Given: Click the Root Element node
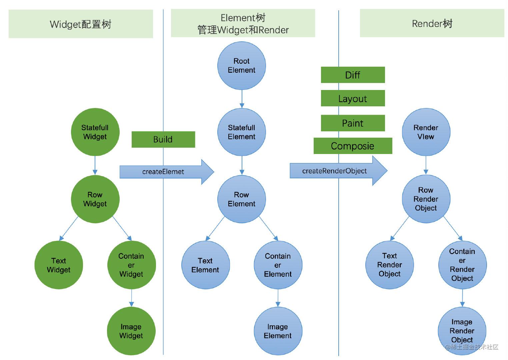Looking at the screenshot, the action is pos(242,66).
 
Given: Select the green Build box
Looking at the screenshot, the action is pos(163,139).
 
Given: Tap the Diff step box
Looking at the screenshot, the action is pos(353,75).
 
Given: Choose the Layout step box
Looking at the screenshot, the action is pos(353,98).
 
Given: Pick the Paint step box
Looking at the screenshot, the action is pos(353,123).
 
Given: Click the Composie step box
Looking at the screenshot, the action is pos(353,146).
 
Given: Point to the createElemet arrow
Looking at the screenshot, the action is pos(167,172).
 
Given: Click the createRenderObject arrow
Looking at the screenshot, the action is pos(339,171).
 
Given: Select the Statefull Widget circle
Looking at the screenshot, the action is pos(95,132).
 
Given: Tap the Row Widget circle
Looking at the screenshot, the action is pos(95,199).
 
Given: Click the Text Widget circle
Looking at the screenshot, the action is pos(59,265).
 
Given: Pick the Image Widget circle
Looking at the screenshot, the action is pos(131,331).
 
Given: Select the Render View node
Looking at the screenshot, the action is pos(426,132).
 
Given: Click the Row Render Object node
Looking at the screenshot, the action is pos(426,199).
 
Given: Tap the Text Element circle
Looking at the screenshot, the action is pos(205,265).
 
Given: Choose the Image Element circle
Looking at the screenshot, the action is pos(278,331).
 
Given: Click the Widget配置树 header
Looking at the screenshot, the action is pos(81,24).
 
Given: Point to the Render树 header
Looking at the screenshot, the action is pos(432,23).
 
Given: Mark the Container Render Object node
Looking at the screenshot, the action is pos(462,265).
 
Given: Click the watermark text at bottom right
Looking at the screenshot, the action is pos(471,347).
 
